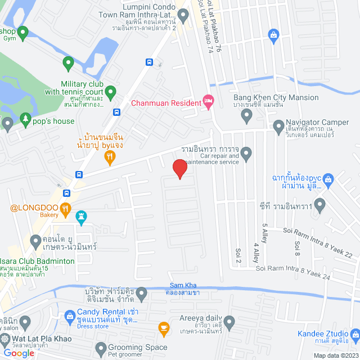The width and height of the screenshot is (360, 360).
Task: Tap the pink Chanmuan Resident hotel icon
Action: [208, 102]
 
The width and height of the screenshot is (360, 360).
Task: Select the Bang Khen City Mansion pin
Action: [246, 116]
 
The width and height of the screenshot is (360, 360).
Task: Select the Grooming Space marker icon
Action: [101, 348]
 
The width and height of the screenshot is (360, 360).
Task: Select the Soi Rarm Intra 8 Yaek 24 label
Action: [292, 271]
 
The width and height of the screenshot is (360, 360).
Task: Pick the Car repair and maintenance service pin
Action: [246, 152]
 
